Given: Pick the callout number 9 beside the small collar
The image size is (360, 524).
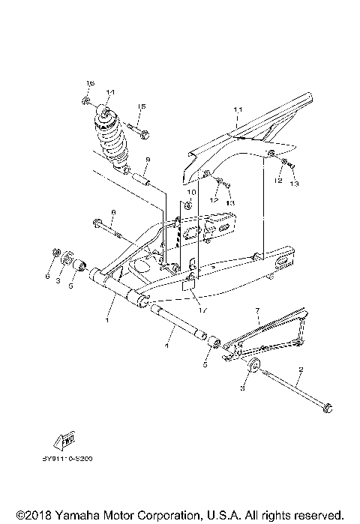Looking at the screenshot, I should (x=148, y=160).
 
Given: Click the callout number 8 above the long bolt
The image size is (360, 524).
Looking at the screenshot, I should (x=113, y=214).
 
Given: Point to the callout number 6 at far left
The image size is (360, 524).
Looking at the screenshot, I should (x=46, y=276).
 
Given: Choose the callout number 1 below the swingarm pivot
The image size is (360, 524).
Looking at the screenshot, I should (x=107, y=319).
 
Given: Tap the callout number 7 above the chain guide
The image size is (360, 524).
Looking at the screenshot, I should (x=256, y=310).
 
